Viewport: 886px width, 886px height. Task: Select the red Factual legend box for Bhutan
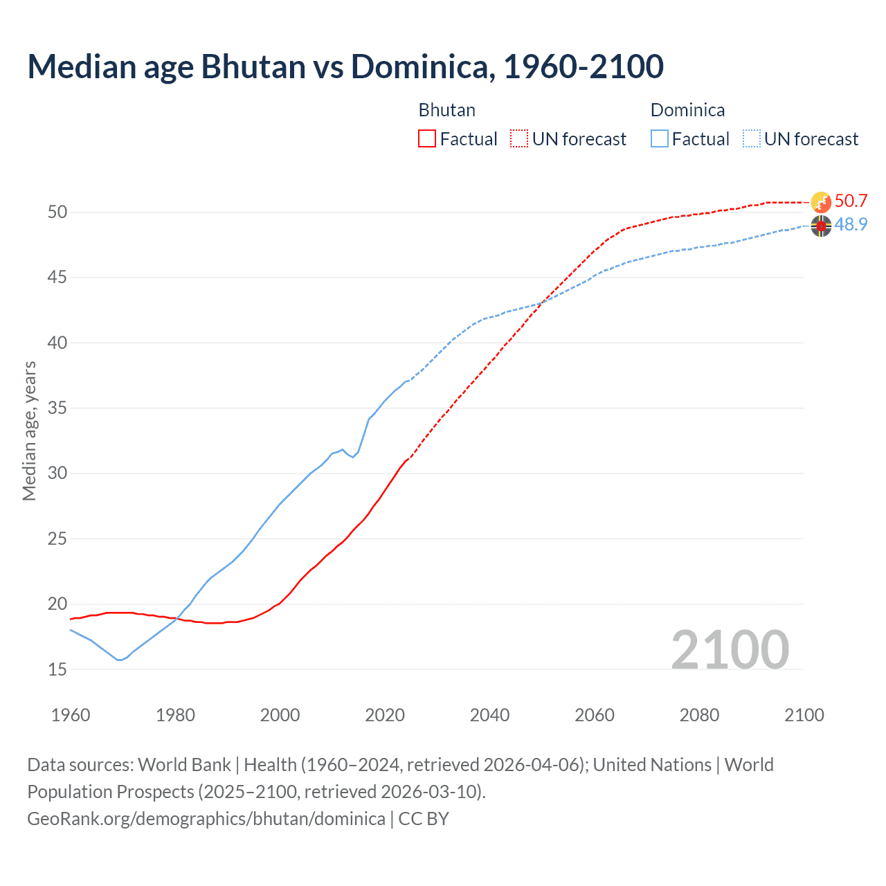pyautogui.click(x=427, y=139)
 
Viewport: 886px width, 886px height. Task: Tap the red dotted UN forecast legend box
pyautogui.click(x=519, y=139)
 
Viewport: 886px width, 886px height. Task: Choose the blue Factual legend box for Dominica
pyautogui.click(x=660, y=139)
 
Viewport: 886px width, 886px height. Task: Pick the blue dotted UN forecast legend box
pyautogui.click(x=752, y=139)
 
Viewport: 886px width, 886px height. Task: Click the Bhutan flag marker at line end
pyautogui.click(x=821, y=202)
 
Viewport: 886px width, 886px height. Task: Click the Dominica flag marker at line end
pyautogui.click(x=821, y=226)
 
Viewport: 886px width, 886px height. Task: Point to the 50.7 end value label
pyautogui.click(x=851, y=201)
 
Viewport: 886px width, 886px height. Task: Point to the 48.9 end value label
pyautogui.click(x=851, y=225)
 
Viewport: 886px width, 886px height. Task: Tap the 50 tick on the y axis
pyautogui.click(x=57, y=213)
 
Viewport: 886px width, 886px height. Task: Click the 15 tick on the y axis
pyautogui.click(x=57, y=669)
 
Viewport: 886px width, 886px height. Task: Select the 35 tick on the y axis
pyautogui.click(x=57, y=408)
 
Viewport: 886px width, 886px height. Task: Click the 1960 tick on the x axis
pyautogui.click(x=71, y=715)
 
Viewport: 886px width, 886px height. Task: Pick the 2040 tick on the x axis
pyautogui.click(x=489, y=715)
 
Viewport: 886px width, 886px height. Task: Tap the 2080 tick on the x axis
pyautogui.click(x=699, y=715)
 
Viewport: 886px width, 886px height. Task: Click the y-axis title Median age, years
pyautogui.click(x=29, y=431)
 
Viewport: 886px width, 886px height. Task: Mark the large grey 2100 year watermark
pyautogui.click(x=730, y=650)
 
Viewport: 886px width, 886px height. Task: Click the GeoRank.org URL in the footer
pyautogui.click(x=206, y=819)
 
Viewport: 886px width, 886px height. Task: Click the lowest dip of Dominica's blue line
pyautogui.click(x=120, y=660)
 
